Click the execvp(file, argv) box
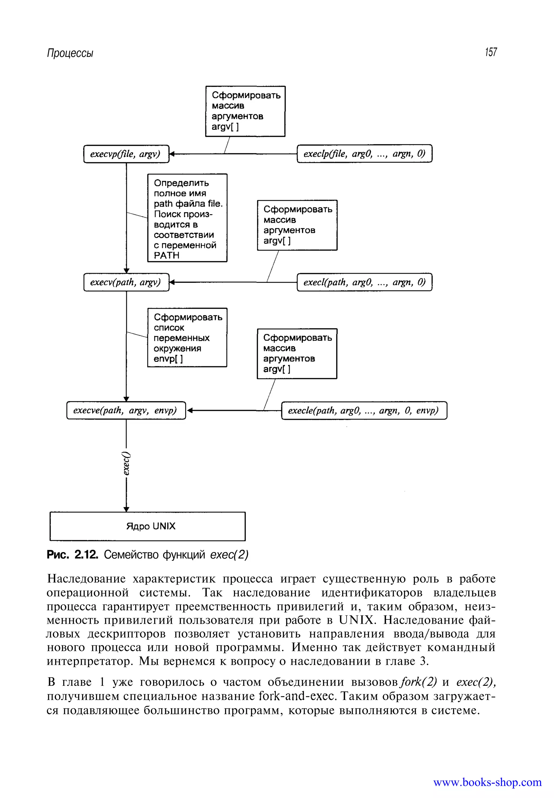click(x=126, y=154)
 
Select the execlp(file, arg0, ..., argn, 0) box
click(x=364, y=153)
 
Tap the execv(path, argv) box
click(x=126, y=282)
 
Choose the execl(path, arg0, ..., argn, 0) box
click(x=364, y=282)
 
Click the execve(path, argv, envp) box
click(x=126, y=410)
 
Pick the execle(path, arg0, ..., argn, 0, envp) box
click(x=364, y=410)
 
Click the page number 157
click(x=491, y=52)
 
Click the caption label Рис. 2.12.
click(x=72, y=555)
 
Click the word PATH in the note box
click(x=167, y=256)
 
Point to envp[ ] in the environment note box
click(x=168, y=359)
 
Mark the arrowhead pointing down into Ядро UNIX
click(x=126, y=509)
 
